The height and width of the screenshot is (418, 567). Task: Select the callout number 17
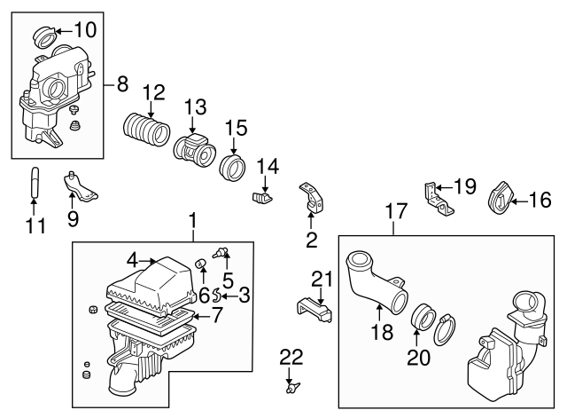[x=393, y=211]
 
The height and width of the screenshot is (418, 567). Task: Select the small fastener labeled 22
[x=291, y=386]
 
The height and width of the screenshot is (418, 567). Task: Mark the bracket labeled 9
[x=80, y=187]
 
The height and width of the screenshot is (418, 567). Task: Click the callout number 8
[x=122, y=85]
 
